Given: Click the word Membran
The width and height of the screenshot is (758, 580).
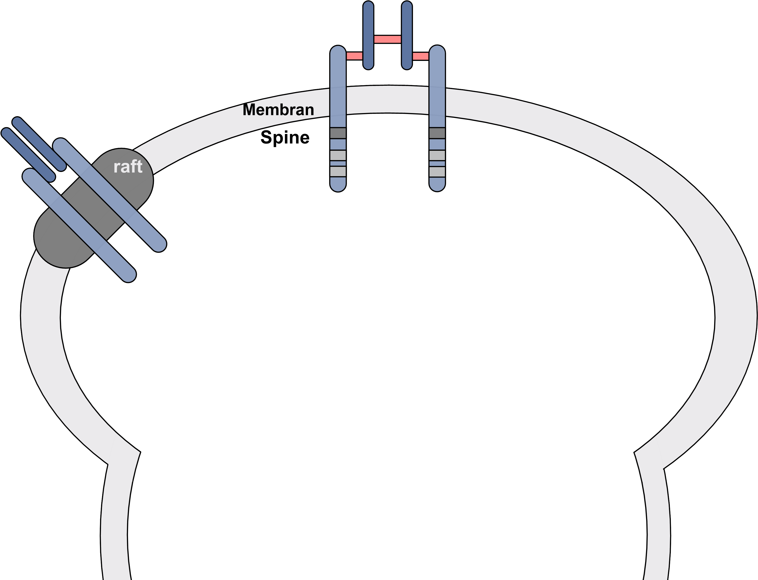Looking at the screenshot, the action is [x=278, y=110].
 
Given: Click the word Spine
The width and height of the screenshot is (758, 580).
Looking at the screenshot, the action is [x=285, y=137].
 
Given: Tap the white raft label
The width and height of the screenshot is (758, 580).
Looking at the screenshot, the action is [x=128, y=167].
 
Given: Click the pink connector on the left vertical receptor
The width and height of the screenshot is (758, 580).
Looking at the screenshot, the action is [x=354, y=56].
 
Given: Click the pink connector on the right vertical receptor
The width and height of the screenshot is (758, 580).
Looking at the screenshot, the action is [x=421, y=56].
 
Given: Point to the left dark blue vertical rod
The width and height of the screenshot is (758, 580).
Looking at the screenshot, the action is [x=368, y=35].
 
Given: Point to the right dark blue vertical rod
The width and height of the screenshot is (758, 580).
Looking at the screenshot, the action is [x=407, y=35].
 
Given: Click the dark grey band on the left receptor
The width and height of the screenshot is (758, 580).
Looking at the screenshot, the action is [x=338, y=133].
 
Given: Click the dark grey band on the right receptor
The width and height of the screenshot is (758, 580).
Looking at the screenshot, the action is [x=437, y=133].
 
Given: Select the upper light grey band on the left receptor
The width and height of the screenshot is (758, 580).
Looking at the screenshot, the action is [x=338, y=155].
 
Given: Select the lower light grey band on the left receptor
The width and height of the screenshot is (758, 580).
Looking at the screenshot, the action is [x=338, y=171].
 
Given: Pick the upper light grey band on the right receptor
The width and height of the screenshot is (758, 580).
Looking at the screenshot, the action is [x=437, y=155].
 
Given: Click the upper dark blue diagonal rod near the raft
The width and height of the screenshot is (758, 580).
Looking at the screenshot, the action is [x=39, y=144].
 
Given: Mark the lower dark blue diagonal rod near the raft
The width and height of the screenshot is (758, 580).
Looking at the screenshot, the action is [x=28, y=155].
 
